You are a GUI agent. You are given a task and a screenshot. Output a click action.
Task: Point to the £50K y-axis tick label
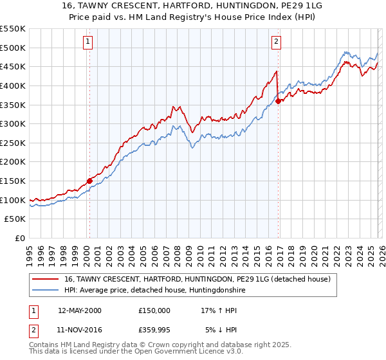click(14, 219)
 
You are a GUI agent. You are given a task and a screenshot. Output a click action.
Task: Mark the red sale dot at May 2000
click(89, 181)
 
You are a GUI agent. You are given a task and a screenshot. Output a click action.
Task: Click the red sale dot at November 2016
click(278, 101)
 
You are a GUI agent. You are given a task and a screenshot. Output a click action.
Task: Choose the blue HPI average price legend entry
click(154, 291)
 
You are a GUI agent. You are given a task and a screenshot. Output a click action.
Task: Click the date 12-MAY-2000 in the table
click(79, 310)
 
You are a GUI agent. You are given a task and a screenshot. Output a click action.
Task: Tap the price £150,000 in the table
click(154, 310)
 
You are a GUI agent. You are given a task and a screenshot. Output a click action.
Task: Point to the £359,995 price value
click(154, 330)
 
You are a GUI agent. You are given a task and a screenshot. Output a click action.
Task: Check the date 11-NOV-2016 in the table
click(79, 330)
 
